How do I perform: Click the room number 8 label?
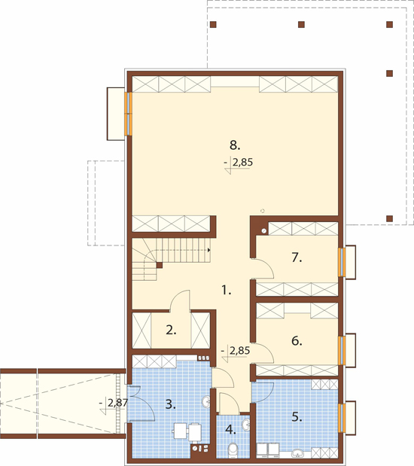pyautogui.click(x=235, y=145)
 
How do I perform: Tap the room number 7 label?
pyautogui.click(x=297, y=257)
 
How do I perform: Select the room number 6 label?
pyautogui.click(x=297, y=341)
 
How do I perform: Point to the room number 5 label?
pyautogui.click(x=297, y=417)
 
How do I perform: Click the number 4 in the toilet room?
pyautogui.click(x=230, y=429)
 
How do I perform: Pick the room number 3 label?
pyautogui.click(x=170, y=404)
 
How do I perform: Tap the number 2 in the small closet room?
pyautogui.click(x=171, y=330)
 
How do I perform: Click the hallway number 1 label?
pyautogui.click(x=227, y=291)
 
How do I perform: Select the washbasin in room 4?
pyautogui.click(x=245, y=425)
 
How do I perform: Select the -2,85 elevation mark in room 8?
pyautogui.click(x=238, y=165)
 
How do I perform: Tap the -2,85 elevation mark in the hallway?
pyautogui.click(x=236, y=353)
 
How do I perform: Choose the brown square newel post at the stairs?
pyautogui.click(x=160, y=265)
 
